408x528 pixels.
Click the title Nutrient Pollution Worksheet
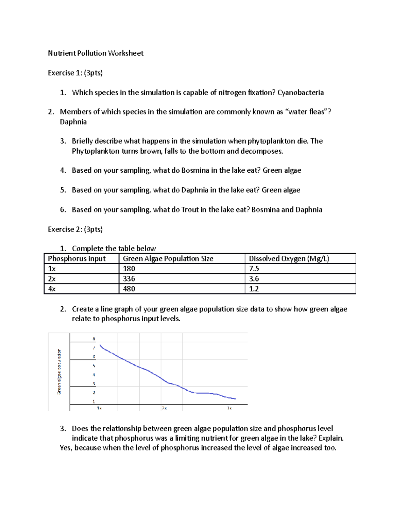[96, 53]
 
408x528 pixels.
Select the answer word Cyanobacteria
[301, 92]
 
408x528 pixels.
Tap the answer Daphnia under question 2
[73, 122]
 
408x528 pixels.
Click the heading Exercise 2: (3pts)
[75, 229]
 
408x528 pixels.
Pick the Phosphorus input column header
[77, 259]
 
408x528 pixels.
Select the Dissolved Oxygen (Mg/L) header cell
[289, 259]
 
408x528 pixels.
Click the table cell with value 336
[129, 279]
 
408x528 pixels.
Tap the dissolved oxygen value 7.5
[254, 269]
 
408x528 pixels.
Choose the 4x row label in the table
[52, 289]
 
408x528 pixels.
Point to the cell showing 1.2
[254, 289]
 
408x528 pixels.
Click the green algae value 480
[129, 289]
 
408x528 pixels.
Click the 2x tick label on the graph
[164, 408]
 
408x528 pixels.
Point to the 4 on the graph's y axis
[94, 375]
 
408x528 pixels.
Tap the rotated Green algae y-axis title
[59, 372]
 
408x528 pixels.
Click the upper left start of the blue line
[100, 345]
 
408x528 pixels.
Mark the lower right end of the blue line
[236, 399]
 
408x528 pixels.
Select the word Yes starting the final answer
[66, 448]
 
